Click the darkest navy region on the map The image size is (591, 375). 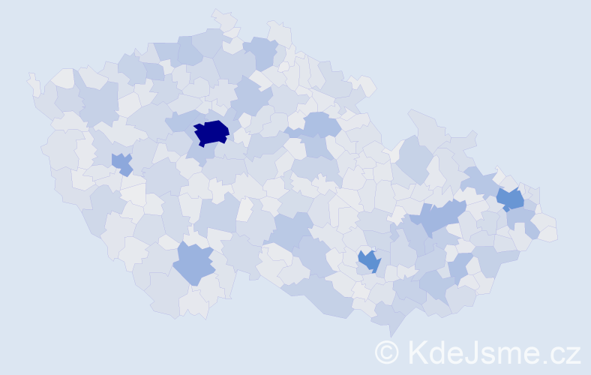211,132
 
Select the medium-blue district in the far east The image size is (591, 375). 510,199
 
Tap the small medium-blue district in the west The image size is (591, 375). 121,163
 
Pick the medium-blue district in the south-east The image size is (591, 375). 368,261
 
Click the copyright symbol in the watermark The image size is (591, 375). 387,352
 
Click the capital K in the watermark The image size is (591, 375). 416,352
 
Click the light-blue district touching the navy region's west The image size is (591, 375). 180,121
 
